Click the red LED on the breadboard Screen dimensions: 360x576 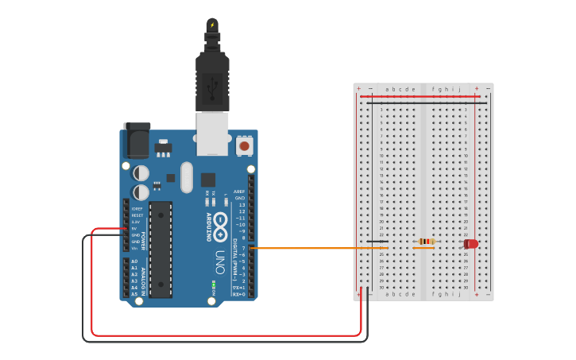[x=471, y=244]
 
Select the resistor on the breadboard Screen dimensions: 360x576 [x=427, y=242]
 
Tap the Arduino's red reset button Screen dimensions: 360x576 [x=245, y=146]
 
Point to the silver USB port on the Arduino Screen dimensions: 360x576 [x=212, y=133]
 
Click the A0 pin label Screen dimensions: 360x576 [x=134, y=261]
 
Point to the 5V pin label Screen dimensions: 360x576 [x=133, y=228]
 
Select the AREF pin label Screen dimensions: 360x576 [x=240, y=192]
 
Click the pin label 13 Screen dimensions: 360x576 [x=242, y=204]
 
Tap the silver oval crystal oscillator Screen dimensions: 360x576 [x=187, y=177]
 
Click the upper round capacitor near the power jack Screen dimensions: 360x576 [x=141, y=172]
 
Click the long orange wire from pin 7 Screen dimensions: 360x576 [x=318, y=248]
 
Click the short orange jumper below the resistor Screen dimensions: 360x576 [x=423, y=248]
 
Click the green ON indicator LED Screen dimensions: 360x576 [x=214, y=284]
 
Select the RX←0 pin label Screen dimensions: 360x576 [x=238, y=294]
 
